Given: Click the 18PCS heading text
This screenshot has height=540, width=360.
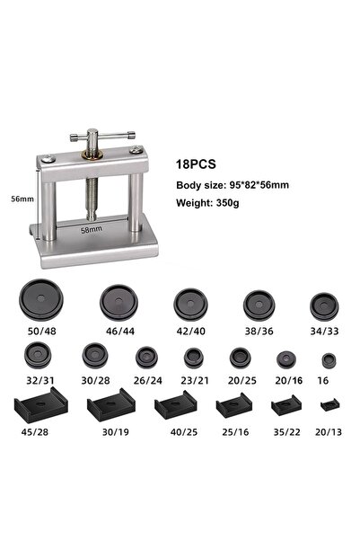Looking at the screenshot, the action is [196, 164].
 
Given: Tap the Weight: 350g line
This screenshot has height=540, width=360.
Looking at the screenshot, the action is [207, 202].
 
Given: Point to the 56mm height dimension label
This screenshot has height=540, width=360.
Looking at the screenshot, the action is [22, 199].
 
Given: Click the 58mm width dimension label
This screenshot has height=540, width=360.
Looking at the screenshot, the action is [92, 229].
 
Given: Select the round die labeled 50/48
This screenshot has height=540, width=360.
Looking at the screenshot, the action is [41, 299].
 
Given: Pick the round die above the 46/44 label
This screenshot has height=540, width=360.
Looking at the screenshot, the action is [119, 303].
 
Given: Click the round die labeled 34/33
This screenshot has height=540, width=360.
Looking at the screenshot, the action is [324, 306].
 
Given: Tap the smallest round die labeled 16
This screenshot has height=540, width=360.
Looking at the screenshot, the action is [329, 360].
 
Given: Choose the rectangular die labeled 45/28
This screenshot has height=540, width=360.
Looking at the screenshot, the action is [41, 404].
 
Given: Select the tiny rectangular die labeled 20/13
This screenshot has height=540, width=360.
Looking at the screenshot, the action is [330, 404].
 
